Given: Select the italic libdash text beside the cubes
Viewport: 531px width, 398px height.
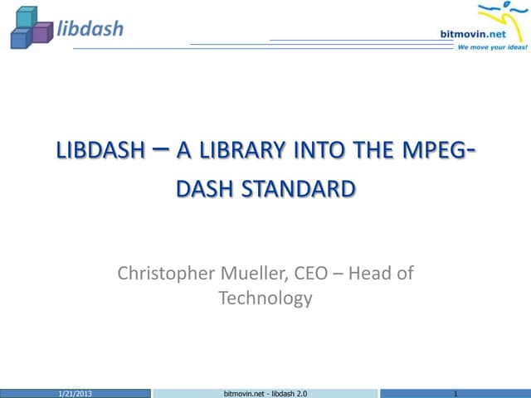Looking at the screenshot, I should click(90, 29).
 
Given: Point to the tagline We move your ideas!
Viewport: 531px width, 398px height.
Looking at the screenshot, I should click(492, 47).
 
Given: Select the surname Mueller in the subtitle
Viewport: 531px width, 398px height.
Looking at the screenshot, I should click(256, 273).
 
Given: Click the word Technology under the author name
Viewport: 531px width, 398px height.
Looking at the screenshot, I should click(265, 298).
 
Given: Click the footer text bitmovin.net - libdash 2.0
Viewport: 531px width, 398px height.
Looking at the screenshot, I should click(266, 391).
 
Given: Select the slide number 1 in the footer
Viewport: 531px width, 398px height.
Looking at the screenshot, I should click(457, 391).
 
